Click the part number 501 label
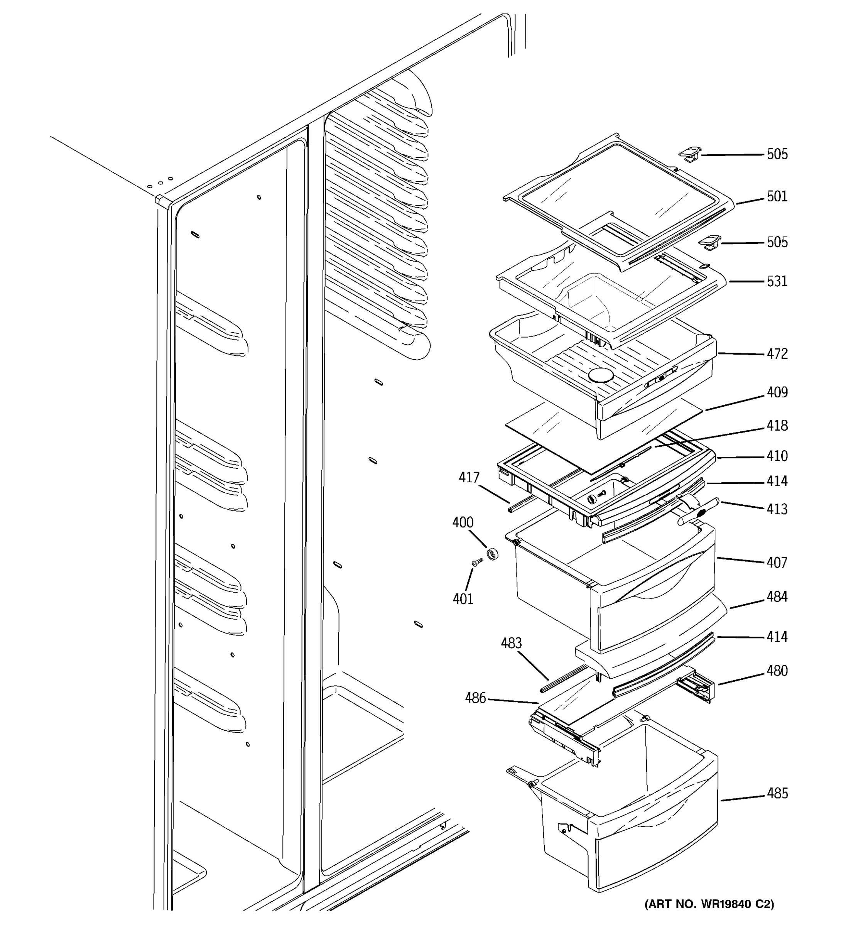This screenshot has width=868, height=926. click(777, 196)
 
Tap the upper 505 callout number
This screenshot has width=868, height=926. click(777, 154)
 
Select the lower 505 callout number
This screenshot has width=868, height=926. click(777, 242)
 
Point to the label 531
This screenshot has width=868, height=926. click(777, 281)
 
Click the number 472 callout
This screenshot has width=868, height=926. click(777, 354)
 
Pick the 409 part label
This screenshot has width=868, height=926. click(777, 393)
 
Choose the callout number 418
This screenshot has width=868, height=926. click(777, 426)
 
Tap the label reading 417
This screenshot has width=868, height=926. click(469, 477)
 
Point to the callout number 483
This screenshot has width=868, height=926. click(511, 643)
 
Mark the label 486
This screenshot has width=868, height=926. click(475, 698)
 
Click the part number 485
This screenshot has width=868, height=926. click(777, 793)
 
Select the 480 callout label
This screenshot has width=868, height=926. click(777, 671)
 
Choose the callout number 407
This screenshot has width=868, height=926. click(777, 563)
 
